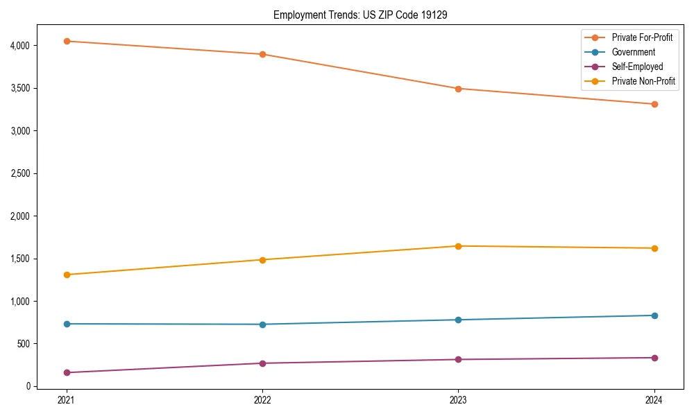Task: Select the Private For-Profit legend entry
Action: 642,37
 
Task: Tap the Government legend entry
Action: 633,52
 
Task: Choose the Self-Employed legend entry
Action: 637,67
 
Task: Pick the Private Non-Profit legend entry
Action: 643,81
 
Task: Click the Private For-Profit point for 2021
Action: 67,42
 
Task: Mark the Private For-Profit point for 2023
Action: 458,89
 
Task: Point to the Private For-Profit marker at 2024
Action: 654,104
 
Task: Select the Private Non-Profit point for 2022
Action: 262,260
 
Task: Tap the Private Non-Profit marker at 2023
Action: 458,246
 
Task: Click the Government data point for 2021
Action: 67,324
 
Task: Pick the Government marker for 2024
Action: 654,315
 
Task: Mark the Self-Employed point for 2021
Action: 67,372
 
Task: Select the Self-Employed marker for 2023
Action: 458,359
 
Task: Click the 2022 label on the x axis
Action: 262,400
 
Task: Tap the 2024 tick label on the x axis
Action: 654,400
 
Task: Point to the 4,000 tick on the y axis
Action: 20,46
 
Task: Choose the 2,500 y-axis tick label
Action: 20,173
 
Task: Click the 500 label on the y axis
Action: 24,344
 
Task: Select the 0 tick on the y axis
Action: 28,386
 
